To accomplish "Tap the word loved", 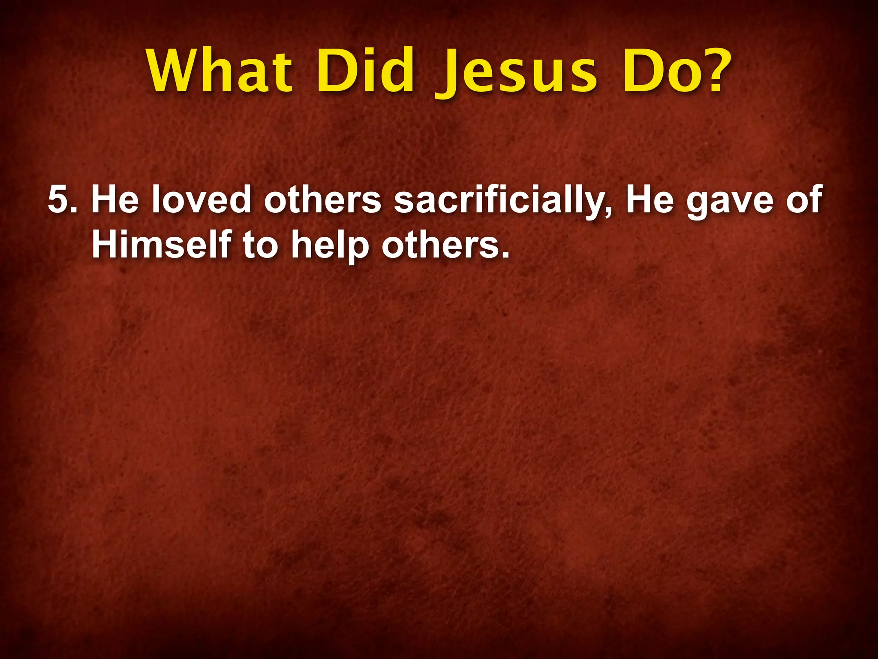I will [x=201, y=200].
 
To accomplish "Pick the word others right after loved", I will [x=322, y=200].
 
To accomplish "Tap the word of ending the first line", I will [x=804, y=200].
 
